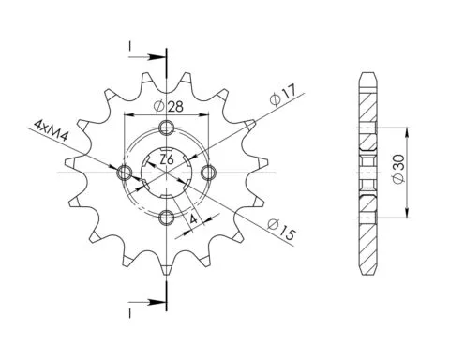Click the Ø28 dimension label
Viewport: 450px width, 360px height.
[x=168, y=107]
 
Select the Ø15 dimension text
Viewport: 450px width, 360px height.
[x=281, y=229]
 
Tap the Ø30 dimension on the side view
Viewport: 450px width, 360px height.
[x=398, y=170]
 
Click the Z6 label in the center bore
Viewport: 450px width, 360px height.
[x=167, y=159]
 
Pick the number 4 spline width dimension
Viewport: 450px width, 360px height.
[x=194, y=219]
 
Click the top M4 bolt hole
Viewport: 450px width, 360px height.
[x=166, y=127]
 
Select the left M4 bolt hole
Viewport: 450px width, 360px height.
[x=125, y=172]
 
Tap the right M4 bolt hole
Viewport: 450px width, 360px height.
[x=208, y=172]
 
